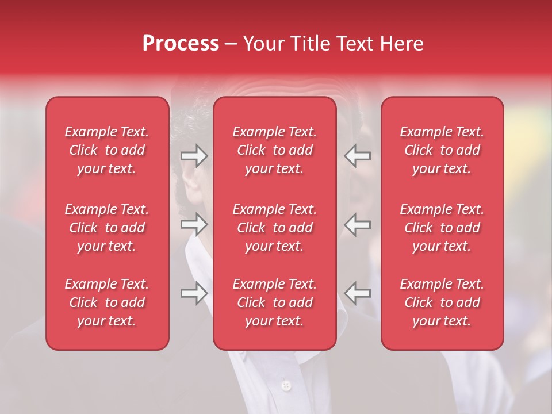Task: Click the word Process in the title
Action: (x=181, y=44)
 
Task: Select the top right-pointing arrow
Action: (x=194, y=156)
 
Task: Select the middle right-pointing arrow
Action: (x=194, y=224)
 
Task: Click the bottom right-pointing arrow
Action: (x=194, y=293)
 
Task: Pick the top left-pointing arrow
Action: (x=358, y=156)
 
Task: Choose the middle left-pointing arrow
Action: (x=358, y=224)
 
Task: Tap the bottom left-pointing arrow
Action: (x=358, y=293)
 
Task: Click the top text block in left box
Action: (x=107, y=150)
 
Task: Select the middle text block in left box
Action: (x=107, y=228)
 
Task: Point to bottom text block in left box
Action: (x=107, y=302)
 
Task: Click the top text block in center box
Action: (x=275, y=150)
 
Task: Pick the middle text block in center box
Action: (x=275, y=228)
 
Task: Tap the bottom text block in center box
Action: (x=275, y=302)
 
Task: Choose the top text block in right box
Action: (x=442, y=150)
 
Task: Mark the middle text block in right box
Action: (x=442, y=228)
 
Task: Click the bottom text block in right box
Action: (x=442, y=302)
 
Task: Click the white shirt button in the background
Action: (x=286, y=385)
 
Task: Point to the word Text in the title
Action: (x=351, y=44)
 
